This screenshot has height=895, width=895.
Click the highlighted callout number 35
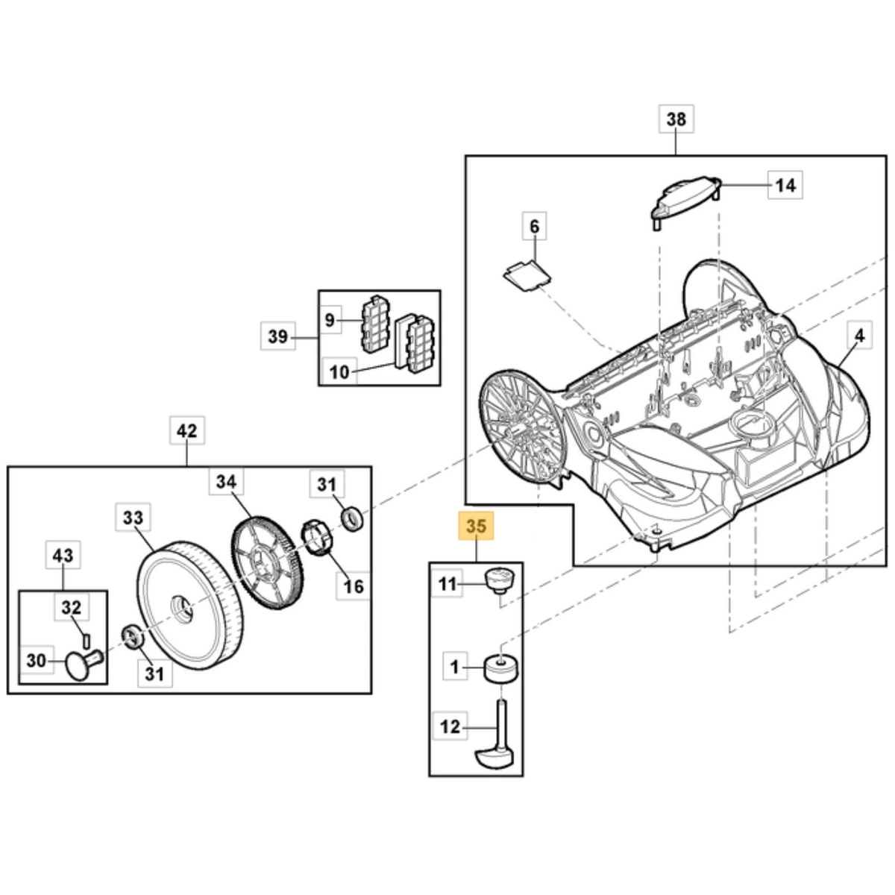[x=476, y=526]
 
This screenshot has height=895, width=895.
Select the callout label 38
[x=676, y=119]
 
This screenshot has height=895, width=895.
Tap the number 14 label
[x=785, y=185]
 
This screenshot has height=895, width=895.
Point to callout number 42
[x=186, y=430]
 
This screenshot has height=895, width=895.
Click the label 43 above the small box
[x=63, y=555]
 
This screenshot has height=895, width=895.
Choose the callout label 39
[x=277, y=336]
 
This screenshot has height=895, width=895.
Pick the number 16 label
[x=353, y=586]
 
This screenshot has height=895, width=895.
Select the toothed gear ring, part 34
[x=266, y=562]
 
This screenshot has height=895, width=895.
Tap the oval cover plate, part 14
[x=685, y=199]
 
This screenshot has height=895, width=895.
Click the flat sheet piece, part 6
[x=527, y=277]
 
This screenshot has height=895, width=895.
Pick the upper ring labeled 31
[x=352, y=519]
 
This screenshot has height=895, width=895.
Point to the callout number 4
[x=860, y=336]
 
